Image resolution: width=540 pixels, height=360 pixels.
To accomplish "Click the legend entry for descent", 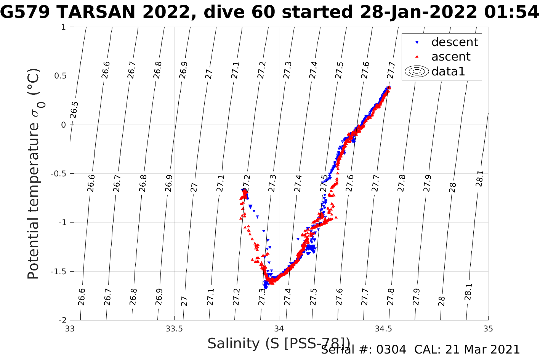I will click(x=454, y=42).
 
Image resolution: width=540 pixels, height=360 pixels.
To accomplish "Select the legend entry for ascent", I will click(x=450, y=57).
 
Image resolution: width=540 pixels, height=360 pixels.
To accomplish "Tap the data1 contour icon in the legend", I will click(x=417, y=71).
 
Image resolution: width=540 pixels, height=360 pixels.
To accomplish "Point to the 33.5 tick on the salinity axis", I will click(x=174, y=329).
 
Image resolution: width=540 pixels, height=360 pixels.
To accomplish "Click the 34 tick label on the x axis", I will click(x=279, y=329).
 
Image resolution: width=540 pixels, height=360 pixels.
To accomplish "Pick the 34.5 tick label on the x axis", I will click(x=383, y=329).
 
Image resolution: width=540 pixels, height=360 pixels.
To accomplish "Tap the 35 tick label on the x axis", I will click(x=488, y=329).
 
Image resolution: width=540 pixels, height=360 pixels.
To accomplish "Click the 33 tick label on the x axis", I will click(x=70, y=329).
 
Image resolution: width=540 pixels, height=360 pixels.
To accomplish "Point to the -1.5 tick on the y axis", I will click(x=58, y=272).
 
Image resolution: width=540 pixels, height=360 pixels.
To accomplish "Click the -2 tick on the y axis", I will click(x=61, y=320).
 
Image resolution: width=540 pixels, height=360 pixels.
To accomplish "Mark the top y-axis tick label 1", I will click(x=63, y=27).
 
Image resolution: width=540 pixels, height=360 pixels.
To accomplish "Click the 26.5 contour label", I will click(x=74, y=110).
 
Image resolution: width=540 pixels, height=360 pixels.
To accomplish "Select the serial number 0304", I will click(x=391, y=350).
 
